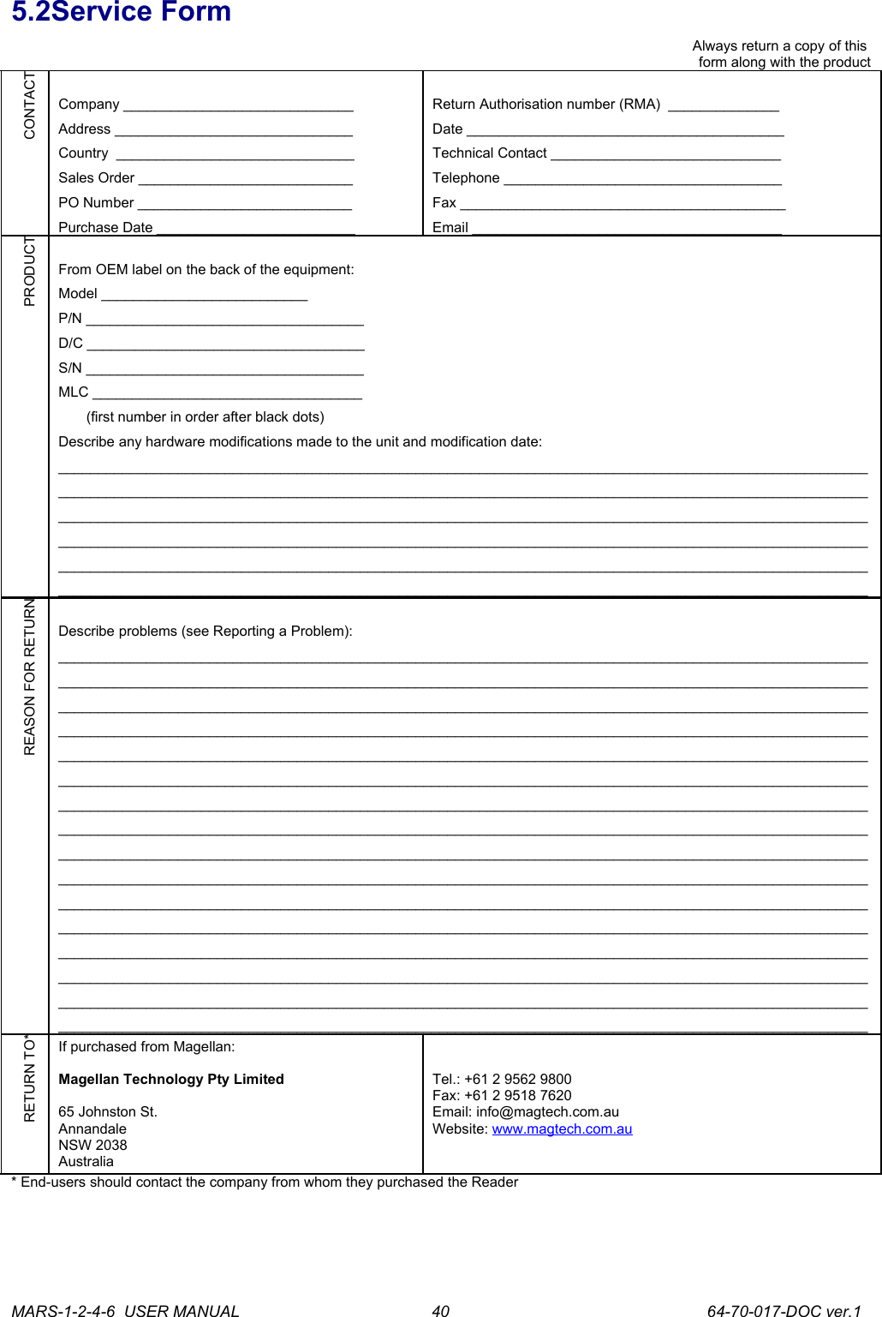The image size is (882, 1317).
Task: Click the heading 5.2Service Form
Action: point(121,13)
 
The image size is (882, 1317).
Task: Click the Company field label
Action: point(88,105)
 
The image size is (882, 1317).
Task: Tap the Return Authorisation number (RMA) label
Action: point(545,105)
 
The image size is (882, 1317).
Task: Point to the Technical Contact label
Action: point(489,153)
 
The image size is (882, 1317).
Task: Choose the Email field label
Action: point(450,228)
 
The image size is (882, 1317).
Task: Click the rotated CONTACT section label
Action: point(30,105)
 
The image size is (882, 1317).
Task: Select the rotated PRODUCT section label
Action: point(30,272)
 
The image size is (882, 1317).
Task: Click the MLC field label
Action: point(73,392)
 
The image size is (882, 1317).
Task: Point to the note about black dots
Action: point(205,417)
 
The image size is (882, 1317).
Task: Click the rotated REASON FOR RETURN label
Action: point(30,677)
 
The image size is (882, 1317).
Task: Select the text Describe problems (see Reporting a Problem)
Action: point(205,632)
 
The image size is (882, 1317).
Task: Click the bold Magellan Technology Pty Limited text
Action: point(170,1080)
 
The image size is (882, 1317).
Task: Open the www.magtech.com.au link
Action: point(562,1129)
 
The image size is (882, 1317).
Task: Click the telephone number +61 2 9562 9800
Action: point(517,1080)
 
